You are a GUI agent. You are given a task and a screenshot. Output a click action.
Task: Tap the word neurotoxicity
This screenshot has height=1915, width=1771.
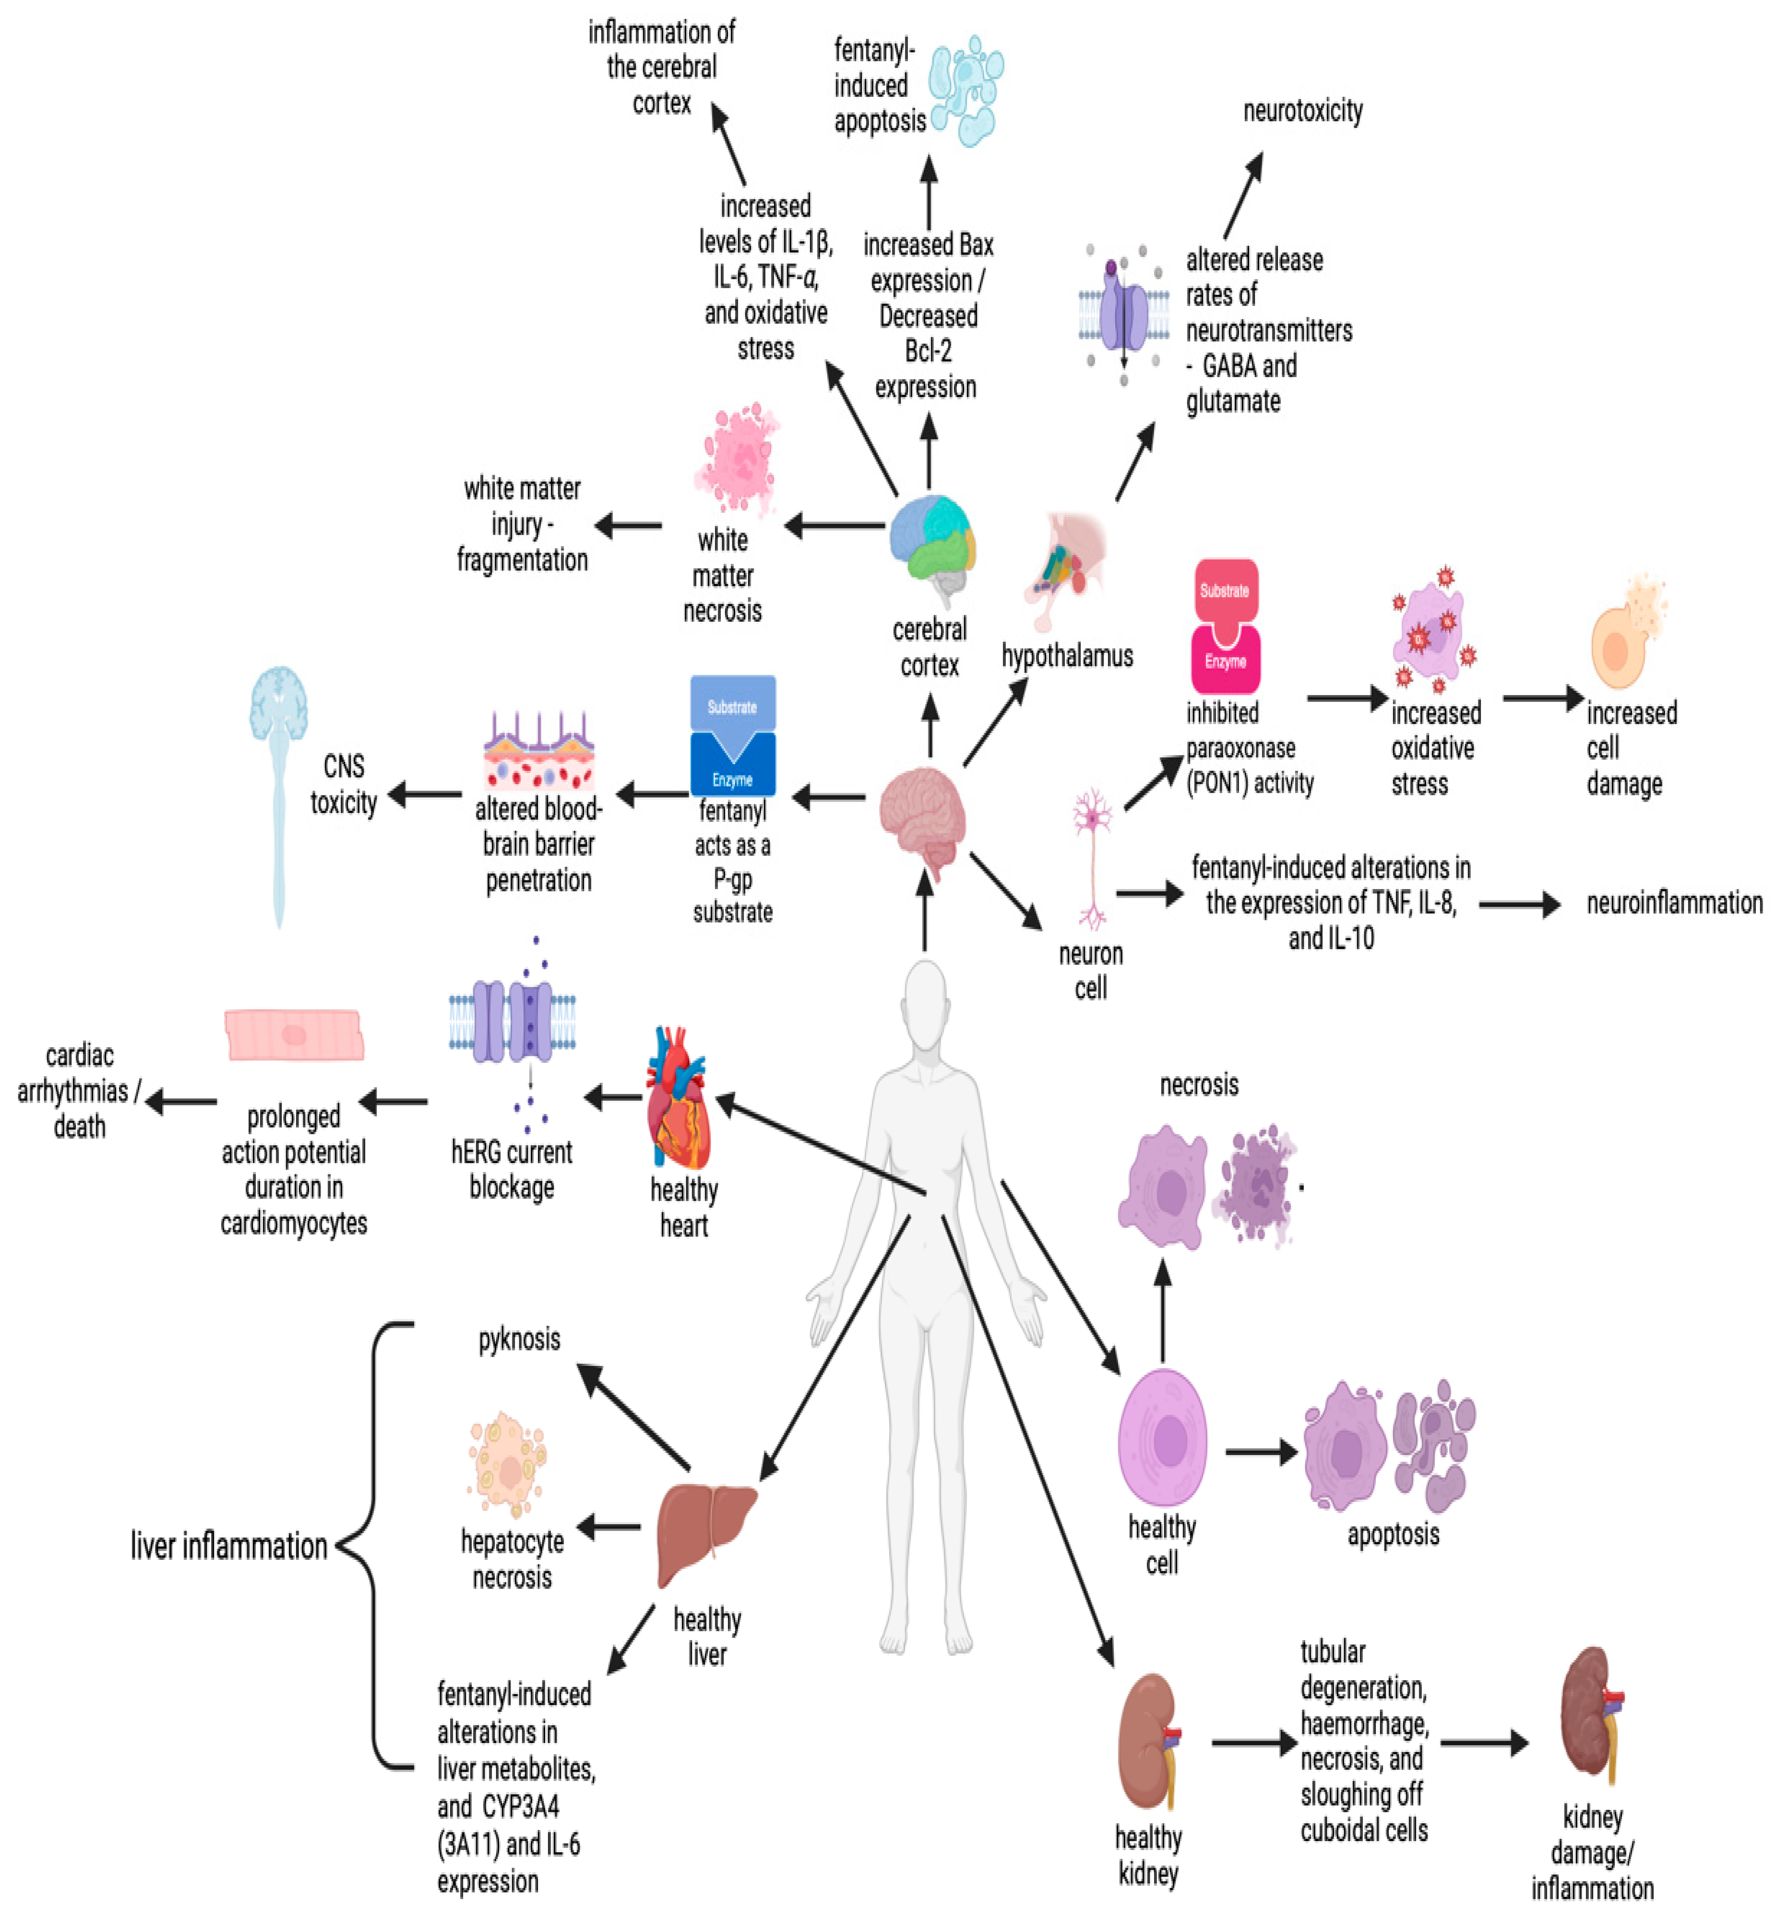(x=1302, y=111)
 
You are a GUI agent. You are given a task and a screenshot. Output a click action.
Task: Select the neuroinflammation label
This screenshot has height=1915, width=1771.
(x=1673, y=903)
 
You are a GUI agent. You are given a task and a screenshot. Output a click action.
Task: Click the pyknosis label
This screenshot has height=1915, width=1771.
(x=519, y=1339)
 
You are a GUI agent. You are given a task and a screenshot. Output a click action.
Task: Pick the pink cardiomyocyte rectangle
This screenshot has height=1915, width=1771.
(x=294, y=1035)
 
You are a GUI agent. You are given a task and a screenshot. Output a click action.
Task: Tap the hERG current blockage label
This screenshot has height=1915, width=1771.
(x=512, y=1170)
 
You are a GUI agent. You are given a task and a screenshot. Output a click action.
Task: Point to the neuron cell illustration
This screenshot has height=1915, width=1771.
(x=1092, y=858)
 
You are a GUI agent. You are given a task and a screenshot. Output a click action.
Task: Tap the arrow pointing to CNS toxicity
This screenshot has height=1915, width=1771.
(x=424, y=794)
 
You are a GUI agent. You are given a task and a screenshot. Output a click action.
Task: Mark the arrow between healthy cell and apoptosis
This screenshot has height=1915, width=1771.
(x=1261, y=1452)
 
